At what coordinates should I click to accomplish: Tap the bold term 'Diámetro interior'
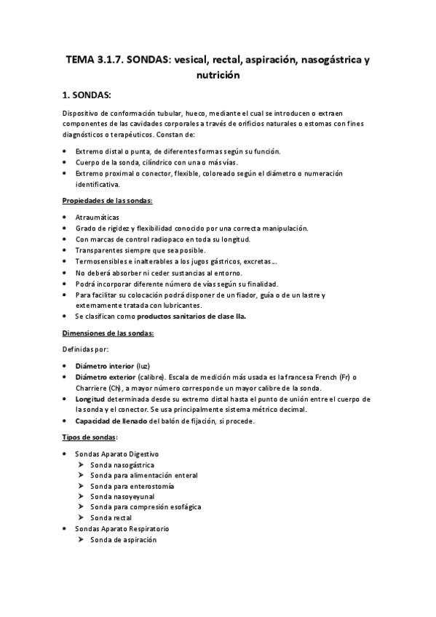click(104, 365)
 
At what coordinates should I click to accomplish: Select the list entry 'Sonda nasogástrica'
click(122, 464)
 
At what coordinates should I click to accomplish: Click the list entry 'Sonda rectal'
click(111, 517)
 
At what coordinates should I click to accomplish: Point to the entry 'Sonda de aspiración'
click(123, 540)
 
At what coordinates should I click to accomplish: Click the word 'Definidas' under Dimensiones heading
click(76, 351)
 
